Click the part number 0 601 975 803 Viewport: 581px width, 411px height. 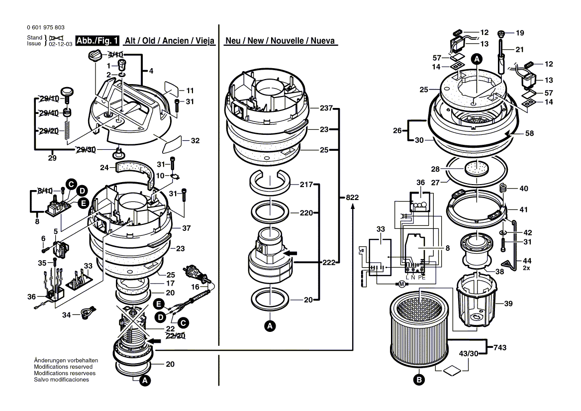(46, 27)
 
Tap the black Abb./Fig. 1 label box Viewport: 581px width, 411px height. (97, 40)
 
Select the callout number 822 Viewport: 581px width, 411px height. (352, 197)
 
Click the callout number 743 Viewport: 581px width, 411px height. (500, 347)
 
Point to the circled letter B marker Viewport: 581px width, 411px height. (419, 380)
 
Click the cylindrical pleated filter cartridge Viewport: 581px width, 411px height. (419, 326)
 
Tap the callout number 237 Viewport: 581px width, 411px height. (326, 108)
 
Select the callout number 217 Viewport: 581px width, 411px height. (306, 184)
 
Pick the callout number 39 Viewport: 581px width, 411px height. (508, 304)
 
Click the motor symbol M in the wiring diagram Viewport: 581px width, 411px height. (401, 284)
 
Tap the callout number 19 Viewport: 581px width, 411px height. (520, 33)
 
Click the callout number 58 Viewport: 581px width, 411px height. (529, 133)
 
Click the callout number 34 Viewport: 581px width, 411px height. (66, 314)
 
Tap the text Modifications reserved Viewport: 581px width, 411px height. (63, 367)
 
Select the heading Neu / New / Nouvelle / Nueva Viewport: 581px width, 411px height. (280, 41)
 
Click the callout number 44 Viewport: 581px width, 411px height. (527, 261)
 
